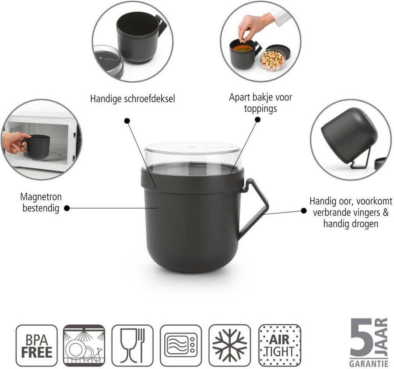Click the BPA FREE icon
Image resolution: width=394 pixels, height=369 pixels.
[x=36, y=345]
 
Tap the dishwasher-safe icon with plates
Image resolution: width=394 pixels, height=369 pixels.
[x=84, y=345]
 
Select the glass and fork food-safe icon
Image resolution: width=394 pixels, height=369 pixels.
[x=132, y=345]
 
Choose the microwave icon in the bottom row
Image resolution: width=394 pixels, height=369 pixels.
[x=181, y=345]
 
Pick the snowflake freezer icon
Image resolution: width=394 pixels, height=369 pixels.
[x=229, y=345]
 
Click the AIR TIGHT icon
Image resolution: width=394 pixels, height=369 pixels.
[x=279, y=345]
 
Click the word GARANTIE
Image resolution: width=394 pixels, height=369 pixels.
[x=368, y=363]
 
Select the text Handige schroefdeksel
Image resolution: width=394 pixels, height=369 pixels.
[x=132, y=99]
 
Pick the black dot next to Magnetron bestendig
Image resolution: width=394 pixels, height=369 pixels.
[x=67, y=209]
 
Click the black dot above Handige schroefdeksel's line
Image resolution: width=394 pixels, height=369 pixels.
[x=127, y=120]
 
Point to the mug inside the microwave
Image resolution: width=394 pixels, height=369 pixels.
[x=37, y=143]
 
